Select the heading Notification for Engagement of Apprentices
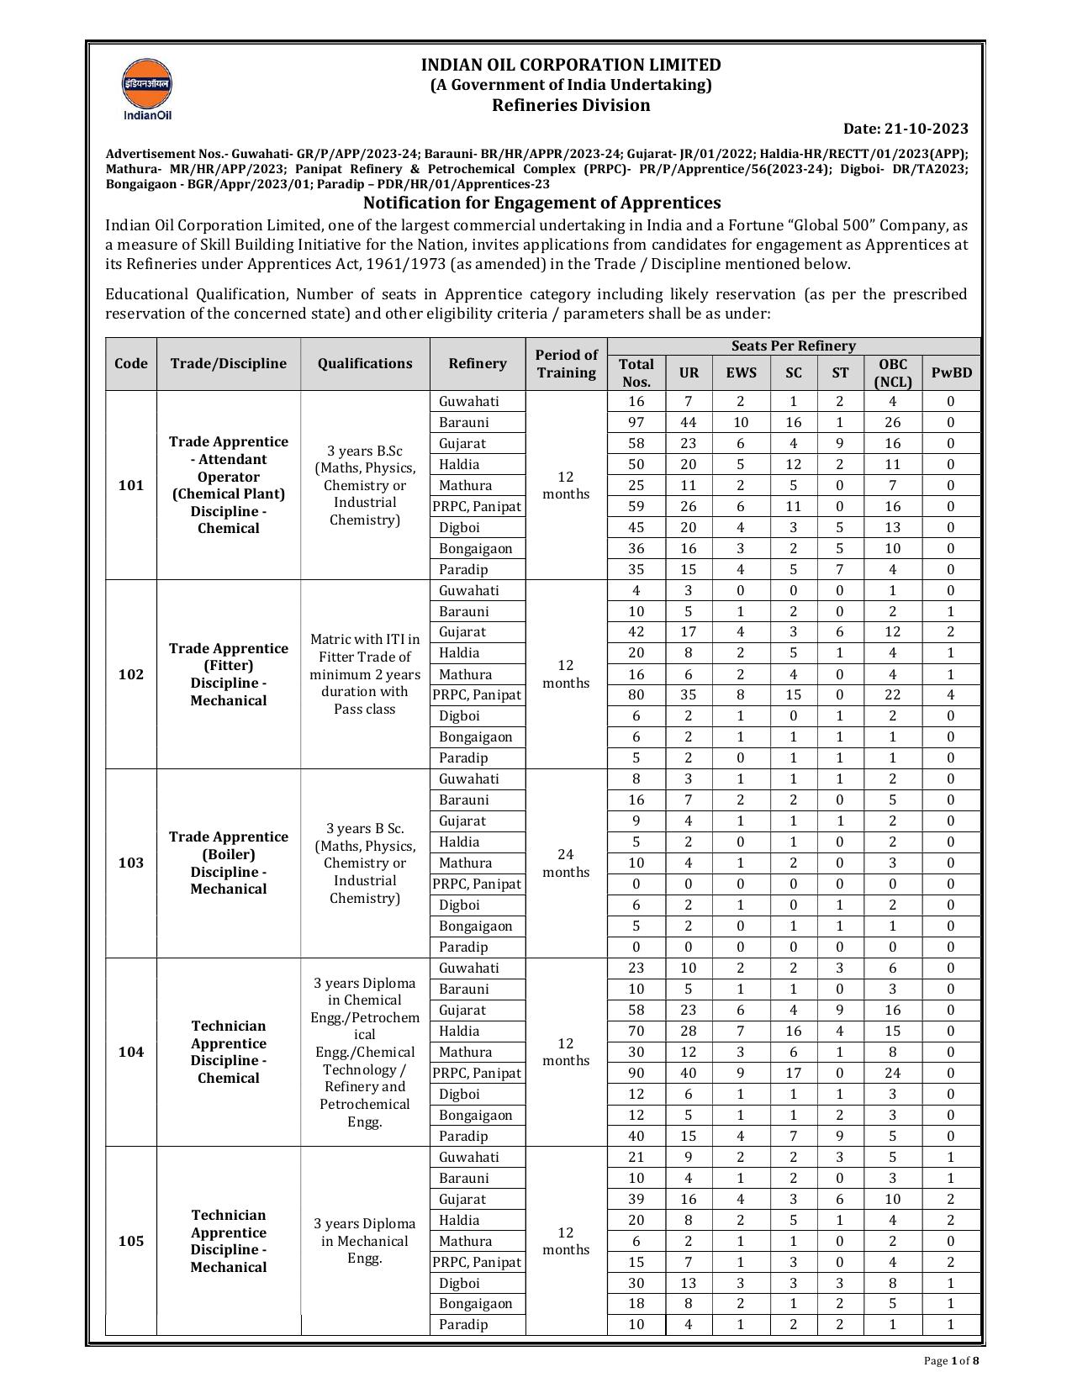point(541,203)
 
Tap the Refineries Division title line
point(570,105)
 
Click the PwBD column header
point(951,372)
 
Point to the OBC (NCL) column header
point(892,372)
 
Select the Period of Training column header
point(566,364)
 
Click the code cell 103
point(131,863)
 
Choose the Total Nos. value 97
point(636,422)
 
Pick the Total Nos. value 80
point(636,694)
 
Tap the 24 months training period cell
point(566,863)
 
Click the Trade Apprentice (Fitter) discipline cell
point(228,674)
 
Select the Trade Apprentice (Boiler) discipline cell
point(228,863)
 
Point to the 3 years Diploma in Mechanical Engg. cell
point(365,1241)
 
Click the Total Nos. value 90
point(636,1073)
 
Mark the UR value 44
point(688,422)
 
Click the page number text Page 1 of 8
point(948,1361)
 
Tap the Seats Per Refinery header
point(793,346)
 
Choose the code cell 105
point(131,1241)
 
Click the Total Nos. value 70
point(636,1031)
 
